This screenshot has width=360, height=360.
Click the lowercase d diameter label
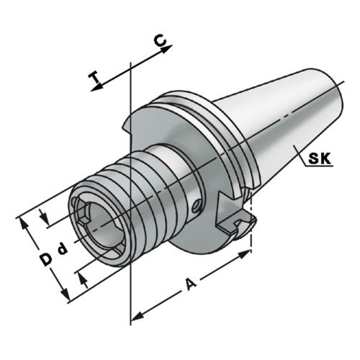(x=63, y=249)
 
